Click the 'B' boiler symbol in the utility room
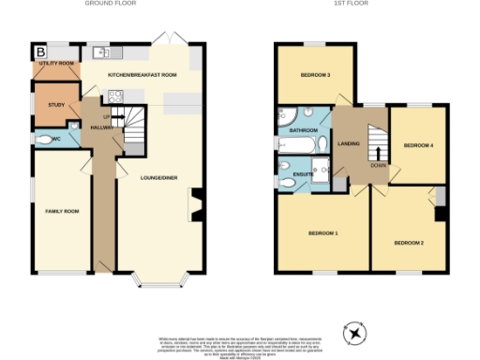[x=40, y=50]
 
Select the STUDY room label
[x=43, y=104]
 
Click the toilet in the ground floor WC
[x=44, y=138]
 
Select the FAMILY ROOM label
[x=63, y=212]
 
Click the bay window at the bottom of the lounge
[x=157, y=278]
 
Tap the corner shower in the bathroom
[x=283, y=116]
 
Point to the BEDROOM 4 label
[x=417, y=145]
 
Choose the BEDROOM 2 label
[x=409, y=243]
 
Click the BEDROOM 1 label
[x=322, y=232]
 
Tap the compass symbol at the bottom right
[x=355, y=333]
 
